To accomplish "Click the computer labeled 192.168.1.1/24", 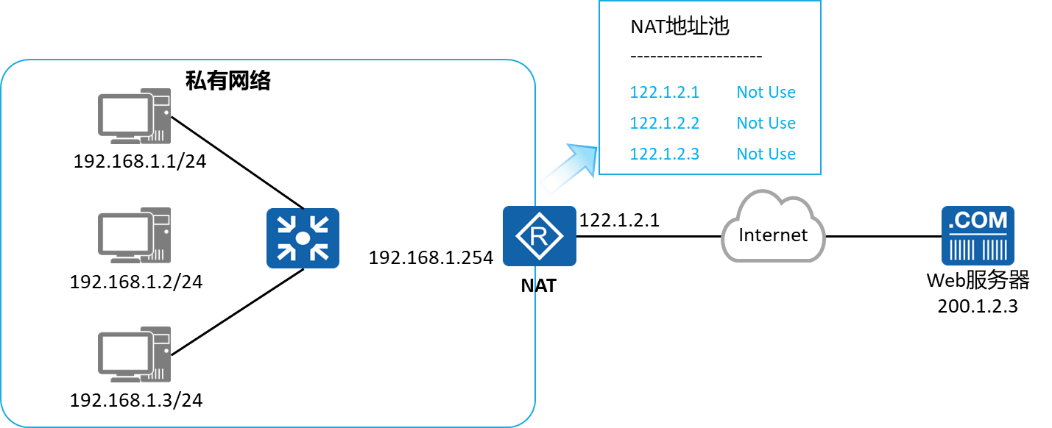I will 134,117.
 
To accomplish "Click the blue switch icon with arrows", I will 303,238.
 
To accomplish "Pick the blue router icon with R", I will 539,236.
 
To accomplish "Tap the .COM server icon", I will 978,235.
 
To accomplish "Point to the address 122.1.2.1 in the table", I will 664,93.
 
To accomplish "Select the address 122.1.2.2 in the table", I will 664,124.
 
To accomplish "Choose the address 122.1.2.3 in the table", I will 664,154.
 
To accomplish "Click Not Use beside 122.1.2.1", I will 766,93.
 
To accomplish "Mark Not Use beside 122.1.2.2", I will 766,124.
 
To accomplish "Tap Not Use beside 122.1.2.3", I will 766,154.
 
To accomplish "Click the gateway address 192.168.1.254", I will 431,258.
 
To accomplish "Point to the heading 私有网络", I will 228,81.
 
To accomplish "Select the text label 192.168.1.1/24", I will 139,161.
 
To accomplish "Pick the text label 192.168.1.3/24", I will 135,401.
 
